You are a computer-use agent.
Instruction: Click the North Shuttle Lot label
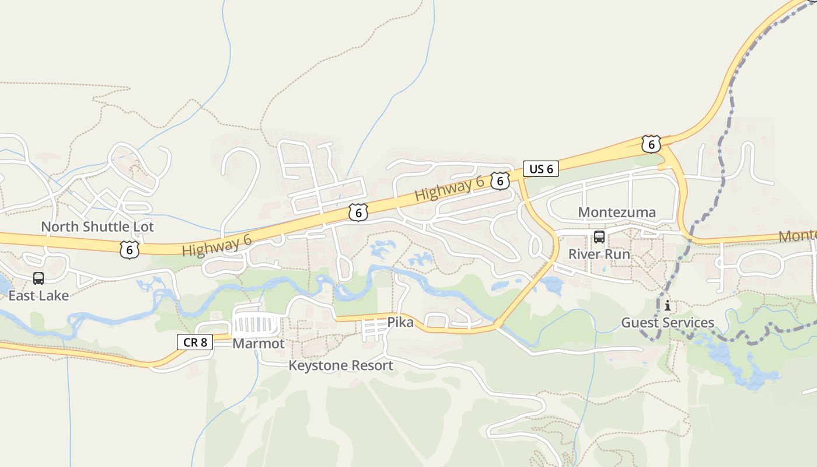click(97, 226)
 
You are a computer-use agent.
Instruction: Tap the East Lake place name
click(39, 295)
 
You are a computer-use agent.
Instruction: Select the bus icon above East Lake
click(39, 278)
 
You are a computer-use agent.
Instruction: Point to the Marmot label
click(259, 343)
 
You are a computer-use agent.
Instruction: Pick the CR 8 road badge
click(195, 342)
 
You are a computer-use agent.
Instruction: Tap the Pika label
click(400, 322)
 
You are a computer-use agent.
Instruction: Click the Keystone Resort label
click(341, 365)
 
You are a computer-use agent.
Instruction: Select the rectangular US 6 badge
click(541, 169)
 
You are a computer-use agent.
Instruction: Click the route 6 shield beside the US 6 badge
click(500, 181)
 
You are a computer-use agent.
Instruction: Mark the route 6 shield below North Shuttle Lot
click(129, 249)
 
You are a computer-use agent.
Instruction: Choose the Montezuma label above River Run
click(617, 212)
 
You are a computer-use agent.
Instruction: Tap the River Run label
click(599, 255)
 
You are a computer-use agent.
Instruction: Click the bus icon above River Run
click(599, 237)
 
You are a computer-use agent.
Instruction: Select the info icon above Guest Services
click(668, 305)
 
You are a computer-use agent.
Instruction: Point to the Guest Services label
click(668, 322)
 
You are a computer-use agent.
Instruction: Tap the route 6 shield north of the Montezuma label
click(651, 144)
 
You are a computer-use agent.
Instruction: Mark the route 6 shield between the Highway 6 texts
click(358, 212)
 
